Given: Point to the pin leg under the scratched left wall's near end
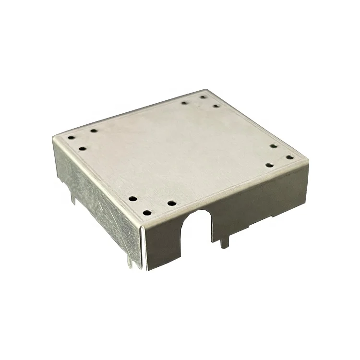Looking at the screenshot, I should click(130, 262).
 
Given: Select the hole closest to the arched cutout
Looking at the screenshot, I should click(172, 203).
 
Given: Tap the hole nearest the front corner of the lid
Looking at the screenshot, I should click(147, 212).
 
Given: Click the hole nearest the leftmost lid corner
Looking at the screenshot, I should click(71, 138).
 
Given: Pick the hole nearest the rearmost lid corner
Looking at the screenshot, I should click(203, 97).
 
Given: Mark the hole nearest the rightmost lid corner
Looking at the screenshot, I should click(289, 157).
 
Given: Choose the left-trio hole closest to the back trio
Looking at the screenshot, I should click(94, 130).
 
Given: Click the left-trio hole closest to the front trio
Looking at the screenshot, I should click(83, 149).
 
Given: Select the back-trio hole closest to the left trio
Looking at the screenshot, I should click(184, 102).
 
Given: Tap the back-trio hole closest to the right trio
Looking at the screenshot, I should click(216, 106).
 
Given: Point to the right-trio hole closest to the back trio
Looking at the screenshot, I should click(273, 146).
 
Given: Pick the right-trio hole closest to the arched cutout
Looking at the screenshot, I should click(269, 165).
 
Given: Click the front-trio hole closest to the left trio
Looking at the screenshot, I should click(133, 198).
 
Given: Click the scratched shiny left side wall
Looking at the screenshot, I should click(96, 202).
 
